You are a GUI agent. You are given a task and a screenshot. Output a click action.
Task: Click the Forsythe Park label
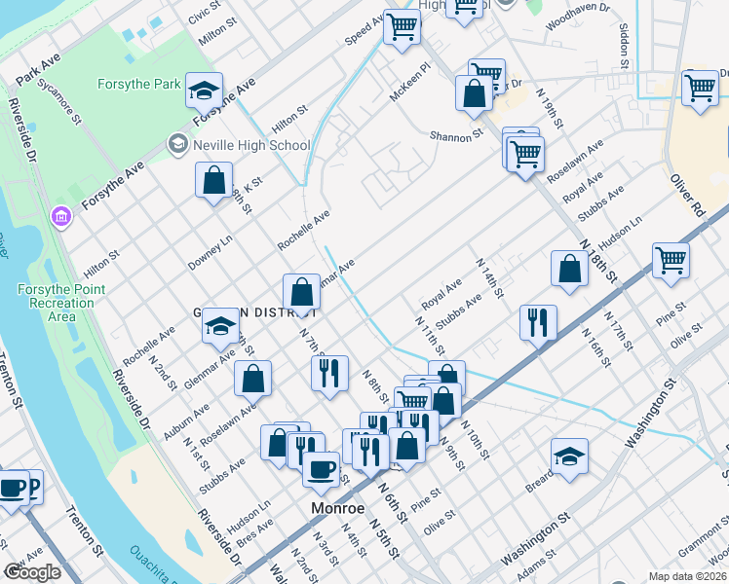tap(138, 85)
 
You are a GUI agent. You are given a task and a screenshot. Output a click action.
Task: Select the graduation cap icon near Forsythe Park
tap(204, 91)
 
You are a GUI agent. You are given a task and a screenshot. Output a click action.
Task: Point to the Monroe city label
tap(337, 508)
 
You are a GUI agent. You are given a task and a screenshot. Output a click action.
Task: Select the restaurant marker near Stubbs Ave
tap(538, 321)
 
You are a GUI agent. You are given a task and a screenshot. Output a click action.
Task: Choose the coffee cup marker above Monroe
tap(321, 469)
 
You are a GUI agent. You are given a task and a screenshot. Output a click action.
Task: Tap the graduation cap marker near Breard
tap(569, 455)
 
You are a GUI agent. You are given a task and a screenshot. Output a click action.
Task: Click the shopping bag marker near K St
tap(213, 180)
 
